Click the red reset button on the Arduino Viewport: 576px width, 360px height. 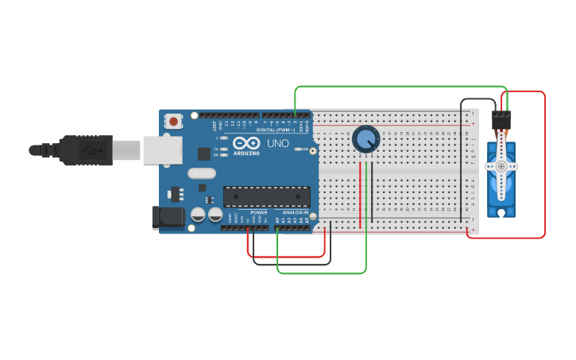point(173,122)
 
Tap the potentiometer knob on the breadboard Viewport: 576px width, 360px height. point(365,140)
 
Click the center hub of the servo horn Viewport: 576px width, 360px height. point(501,166)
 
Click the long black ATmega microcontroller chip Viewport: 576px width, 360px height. point(266,196)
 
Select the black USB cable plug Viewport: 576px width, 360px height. point(87,149)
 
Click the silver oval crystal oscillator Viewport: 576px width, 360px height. point(202,173)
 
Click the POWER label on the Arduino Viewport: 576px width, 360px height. point(259,212)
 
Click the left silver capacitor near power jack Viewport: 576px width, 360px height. point(198,215)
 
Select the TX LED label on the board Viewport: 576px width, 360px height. point(217,149)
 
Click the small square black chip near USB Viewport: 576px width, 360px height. point(204,153)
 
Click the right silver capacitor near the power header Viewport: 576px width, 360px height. point(215,215)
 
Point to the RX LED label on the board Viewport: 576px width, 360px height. point(217,156)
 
